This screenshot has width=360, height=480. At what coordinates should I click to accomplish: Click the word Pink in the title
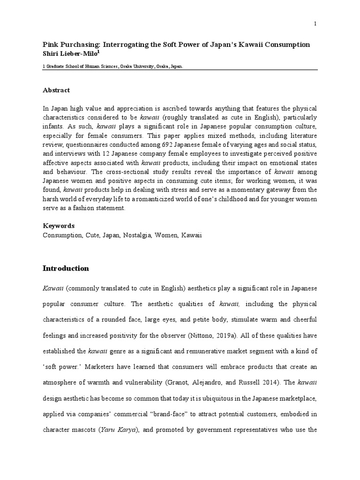(50, 45)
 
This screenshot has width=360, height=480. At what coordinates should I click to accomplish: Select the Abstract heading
(56, 90)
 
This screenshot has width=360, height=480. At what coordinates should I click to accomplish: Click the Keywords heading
(58, 225)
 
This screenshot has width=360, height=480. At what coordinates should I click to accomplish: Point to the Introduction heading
(66, 269)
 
